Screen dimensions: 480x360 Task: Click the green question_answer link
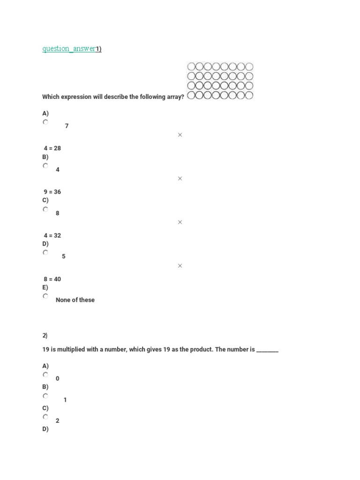tap(69, 49)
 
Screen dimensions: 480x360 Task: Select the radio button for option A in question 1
tap(45, 122)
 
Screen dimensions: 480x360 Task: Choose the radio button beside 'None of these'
tap(45, 296)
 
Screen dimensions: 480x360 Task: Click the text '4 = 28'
tap(52, 148)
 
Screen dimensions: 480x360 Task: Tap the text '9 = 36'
tap(52, 192)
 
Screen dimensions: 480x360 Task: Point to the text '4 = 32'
tap(52, 235)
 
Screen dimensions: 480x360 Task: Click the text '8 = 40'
tap(52, 279)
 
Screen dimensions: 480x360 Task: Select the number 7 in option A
tap(67, 126)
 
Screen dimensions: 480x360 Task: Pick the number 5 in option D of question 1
tap(63, 256)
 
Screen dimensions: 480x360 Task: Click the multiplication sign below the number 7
tap(180, 135)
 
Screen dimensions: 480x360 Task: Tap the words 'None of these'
tap(75, 300)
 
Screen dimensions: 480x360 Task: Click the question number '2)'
tap(45, 336)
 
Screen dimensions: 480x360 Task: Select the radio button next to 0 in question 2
tap(45, 375)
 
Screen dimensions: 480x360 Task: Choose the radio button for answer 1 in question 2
tap(45, 396)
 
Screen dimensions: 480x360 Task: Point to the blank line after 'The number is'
tap(267, 350)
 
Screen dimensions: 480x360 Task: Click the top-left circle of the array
tap(191, 67)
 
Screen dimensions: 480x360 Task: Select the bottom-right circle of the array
tap(249, 96)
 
